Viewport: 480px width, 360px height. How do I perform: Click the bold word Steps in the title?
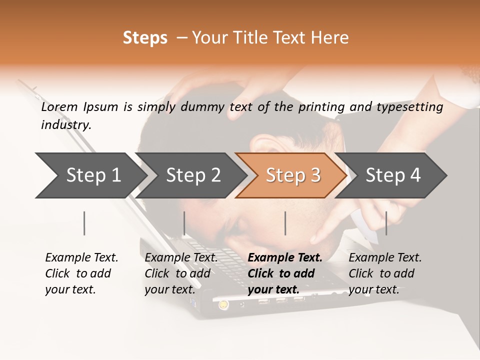[145, 38]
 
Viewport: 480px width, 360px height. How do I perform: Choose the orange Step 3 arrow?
[293, 175]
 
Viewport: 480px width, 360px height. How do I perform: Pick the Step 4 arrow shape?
[393, 175]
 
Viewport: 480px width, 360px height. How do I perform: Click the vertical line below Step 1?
[84, 223]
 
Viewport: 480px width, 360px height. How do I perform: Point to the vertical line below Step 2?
[184, 223]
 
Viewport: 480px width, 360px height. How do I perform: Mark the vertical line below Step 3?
[285, 223]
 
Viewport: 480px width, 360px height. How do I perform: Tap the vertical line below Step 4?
[386, 223]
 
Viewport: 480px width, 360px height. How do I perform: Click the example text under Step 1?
[81, 273]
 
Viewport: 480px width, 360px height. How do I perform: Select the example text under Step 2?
[181, 273]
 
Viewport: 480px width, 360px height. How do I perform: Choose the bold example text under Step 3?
[284, 273]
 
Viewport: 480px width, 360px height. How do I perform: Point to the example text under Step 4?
[385, 273]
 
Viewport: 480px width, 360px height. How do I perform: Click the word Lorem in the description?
[59, 107]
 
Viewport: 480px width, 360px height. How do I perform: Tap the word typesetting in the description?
[409, 107]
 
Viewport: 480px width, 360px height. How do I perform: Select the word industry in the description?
[66, 125]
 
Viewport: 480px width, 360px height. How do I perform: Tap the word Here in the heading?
[330, 38]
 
